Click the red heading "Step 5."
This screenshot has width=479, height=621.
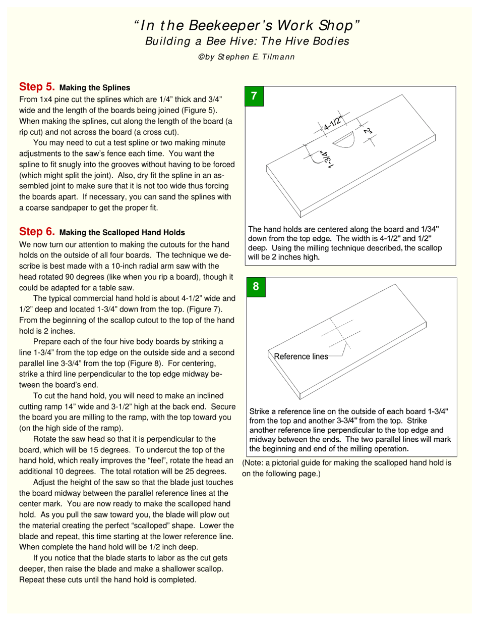tap(37, 86)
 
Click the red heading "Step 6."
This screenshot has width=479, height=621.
tap(37, 232)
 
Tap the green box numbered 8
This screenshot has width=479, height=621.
tap(256, 287)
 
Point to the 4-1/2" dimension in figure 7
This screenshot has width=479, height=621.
tap(333, 123)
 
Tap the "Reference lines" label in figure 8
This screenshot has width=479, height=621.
tap(301, 356)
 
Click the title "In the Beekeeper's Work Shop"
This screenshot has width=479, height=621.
tap(247, 25)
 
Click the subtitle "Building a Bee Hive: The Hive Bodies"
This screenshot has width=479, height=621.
tap(247, 41)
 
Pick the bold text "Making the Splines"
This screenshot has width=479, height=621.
tap(95, 87)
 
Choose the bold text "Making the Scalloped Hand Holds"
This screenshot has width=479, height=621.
tap(122, 233)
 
